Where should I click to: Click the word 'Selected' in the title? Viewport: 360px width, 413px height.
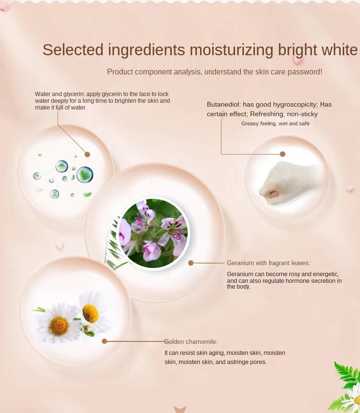pos(73,49)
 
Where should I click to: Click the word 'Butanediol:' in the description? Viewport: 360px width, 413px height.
pos(224,105)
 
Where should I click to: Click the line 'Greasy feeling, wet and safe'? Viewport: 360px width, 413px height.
pos(275,123)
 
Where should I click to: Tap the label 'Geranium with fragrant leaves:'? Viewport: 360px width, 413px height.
pos(269,263)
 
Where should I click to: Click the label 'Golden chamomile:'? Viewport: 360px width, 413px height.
pos(191,341)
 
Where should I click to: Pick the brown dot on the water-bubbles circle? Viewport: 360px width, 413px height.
pos(87,154)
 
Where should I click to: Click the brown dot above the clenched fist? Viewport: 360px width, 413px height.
pos(283,154)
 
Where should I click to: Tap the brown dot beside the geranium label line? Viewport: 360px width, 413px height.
pos(191,263)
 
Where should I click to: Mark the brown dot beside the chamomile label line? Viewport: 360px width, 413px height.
pos(104,341)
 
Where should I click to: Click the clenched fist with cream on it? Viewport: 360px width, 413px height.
pos(290,183)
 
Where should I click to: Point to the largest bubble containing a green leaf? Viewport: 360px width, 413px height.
pos(85,175)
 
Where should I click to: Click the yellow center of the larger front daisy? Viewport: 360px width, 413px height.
pos(59,326)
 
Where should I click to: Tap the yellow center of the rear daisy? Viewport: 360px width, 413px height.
pos(90,314)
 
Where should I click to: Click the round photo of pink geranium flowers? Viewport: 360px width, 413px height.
pos(153,233)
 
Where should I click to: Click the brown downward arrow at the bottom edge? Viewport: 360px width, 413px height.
pos(180,410)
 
